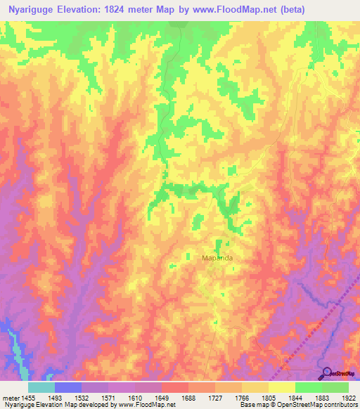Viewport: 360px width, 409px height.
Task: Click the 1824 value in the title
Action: (x=127, y=8)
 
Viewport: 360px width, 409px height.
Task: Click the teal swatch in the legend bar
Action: (x=41, y=387)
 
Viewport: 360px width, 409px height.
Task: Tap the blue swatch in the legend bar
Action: (x=68, y=387)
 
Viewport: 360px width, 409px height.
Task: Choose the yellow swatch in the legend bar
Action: (x=281, y=387)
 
